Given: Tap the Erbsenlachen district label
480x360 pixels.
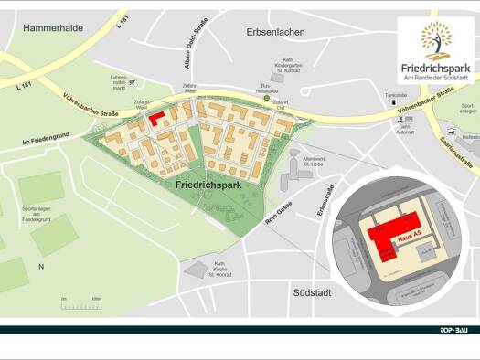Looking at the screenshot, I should coord(275,32).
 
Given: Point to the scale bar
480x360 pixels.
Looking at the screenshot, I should coord(80,304).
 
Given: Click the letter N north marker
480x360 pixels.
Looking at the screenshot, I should coord(40,266).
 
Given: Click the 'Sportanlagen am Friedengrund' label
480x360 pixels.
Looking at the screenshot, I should coord(37,214).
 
